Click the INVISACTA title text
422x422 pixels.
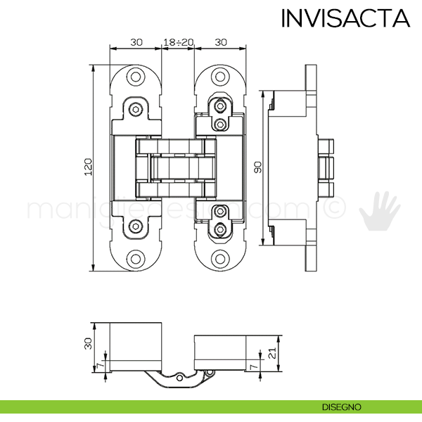[345, 18]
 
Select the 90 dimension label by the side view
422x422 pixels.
[258, 167]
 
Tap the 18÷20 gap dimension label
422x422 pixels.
[178, 42]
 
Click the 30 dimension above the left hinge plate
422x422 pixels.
[136, 42]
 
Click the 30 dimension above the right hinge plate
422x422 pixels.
[220, 42]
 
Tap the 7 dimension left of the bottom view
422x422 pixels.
[99, 366]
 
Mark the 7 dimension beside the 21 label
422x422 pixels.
[253, 366]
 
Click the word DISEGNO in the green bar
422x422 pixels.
[342, 407]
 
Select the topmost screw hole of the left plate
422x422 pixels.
[136, 77]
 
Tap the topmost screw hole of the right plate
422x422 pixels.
[221, 77]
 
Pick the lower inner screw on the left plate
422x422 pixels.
[136, 226]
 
